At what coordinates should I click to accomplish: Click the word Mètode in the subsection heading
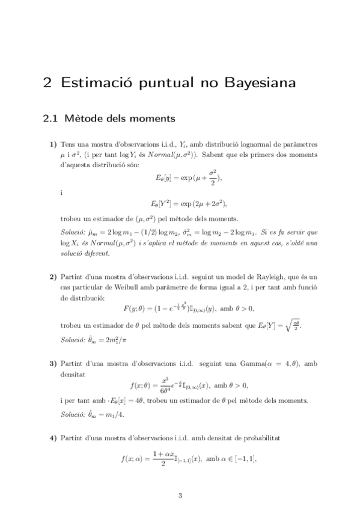[83, 118]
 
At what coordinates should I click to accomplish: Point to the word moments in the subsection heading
[151, 118]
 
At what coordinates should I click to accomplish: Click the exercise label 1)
[53, 145]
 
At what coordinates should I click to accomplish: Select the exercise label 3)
[53, 364]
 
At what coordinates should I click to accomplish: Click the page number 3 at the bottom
[180, 496]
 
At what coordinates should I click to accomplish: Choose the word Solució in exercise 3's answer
[73, 415]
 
